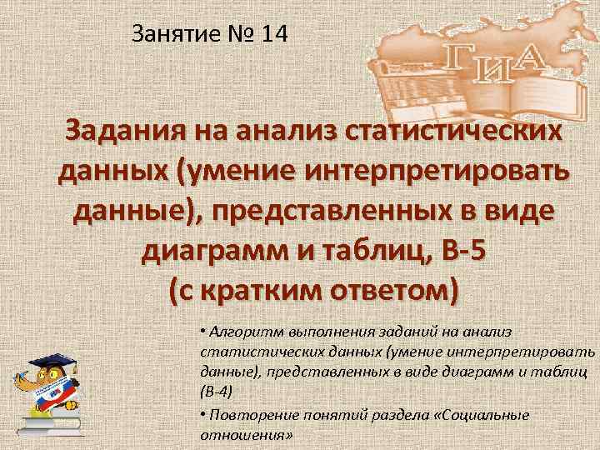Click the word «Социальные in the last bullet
487,414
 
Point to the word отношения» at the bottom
245,435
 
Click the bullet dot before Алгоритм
203,331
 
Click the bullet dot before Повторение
203,414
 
